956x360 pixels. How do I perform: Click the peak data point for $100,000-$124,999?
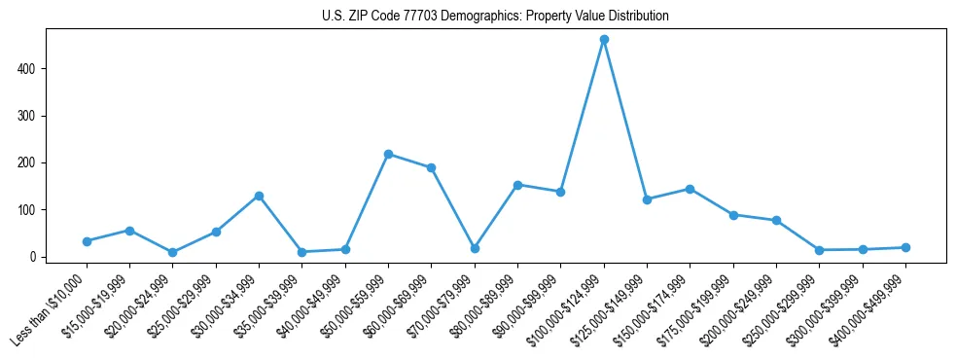click(604, 40)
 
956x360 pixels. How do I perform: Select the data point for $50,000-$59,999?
click(388, 154)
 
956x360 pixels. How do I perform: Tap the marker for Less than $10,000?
click(87, 241)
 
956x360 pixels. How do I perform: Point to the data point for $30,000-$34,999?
click(259, 196)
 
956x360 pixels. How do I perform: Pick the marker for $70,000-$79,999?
click(475, 248)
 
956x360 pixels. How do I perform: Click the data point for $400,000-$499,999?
click(905, 247)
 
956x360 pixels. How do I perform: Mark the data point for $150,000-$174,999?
click(690, 189)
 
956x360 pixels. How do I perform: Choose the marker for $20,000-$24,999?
click(172, 253)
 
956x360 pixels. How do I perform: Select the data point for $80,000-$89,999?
click(517, 185)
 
